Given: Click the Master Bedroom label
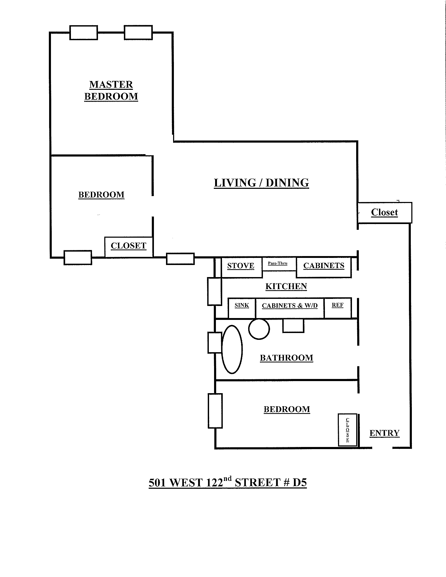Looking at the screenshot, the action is coord(111,91).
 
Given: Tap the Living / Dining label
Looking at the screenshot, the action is coord(261,183).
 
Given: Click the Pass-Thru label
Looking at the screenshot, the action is coord(277,263).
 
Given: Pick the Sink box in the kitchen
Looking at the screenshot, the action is coord(242,308).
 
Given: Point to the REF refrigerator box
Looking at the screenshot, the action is coord(338,308).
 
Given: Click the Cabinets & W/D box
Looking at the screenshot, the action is coord(290,308).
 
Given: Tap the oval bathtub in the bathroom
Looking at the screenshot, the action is coord(232,349).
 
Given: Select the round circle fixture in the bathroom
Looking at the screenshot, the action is coord(259,329).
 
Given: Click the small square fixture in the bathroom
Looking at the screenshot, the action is coord(293,325).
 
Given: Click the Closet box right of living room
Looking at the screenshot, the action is coord(385,213).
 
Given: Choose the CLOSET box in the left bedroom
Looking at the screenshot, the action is coord(129,247).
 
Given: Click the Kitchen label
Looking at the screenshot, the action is coord(286,286).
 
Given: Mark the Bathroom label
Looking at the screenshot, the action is coord(287,358).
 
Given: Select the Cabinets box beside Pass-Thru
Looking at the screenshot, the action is coord(324,267).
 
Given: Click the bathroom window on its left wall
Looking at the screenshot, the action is coord(215,343).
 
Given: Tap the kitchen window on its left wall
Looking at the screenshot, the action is coord(215,292).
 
